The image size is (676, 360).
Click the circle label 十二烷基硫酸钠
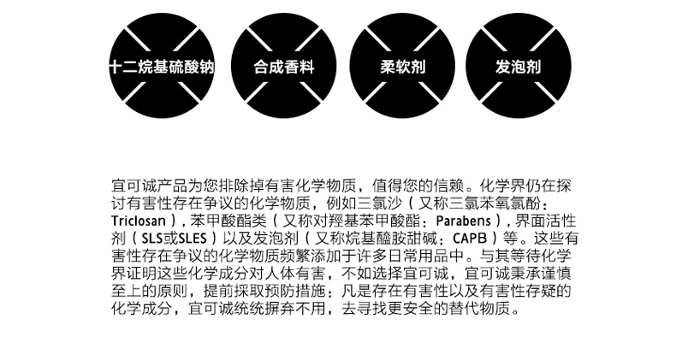point(162,67)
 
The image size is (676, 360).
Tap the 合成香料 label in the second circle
point(284,67)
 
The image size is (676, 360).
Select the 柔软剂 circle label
point(403,67)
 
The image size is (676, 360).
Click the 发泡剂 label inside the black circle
point(519,67)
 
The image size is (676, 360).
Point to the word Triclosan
point(139,221)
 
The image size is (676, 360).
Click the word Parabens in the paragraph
point(464,221)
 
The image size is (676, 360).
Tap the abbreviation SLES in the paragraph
point(193,238)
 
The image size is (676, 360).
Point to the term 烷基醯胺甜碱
point(392,238)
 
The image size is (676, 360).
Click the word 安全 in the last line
point(418,309)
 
